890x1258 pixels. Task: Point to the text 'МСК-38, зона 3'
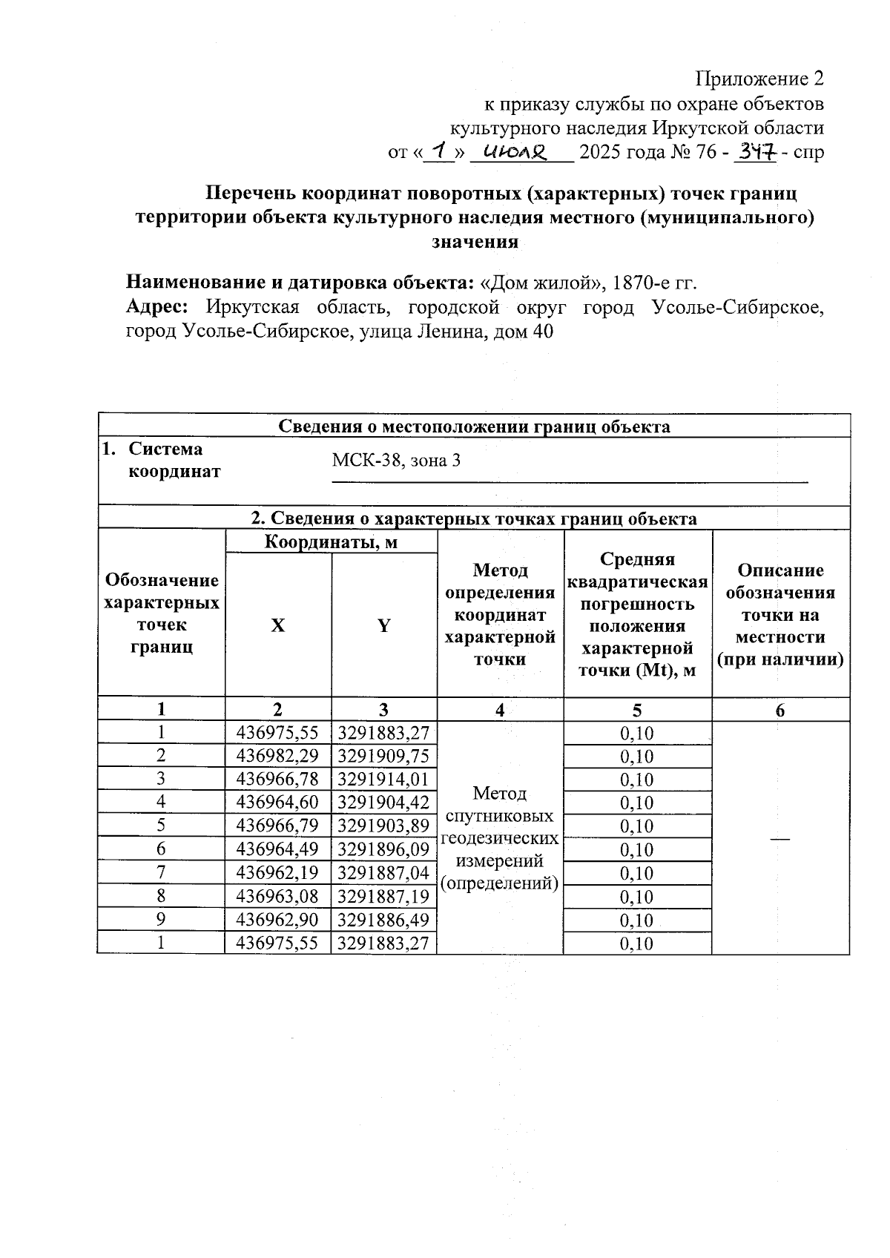point(396,461)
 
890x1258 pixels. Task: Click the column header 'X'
point(277,625)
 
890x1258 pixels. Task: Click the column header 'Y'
point(383,625)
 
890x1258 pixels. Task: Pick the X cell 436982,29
point(277,756)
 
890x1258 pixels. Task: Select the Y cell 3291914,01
point(383,779)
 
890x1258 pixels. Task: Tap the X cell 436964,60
point(277,802)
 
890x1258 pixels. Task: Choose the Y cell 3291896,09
point(383,849)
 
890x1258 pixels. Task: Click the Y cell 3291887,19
point(383,896)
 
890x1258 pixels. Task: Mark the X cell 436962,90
point(277,920)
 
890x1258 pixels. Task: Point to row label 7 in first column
point(161,872)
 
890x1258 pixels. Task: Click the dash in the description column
point(779,837)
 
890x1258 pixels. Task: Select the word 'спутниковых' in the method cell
point(500,816)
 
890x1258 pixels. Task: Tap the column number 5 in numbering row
point(637,710)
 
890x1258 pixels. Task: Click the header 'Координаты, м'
point(332,542)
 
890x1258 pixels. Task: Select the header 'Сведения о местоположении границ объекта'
point(474,427)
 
